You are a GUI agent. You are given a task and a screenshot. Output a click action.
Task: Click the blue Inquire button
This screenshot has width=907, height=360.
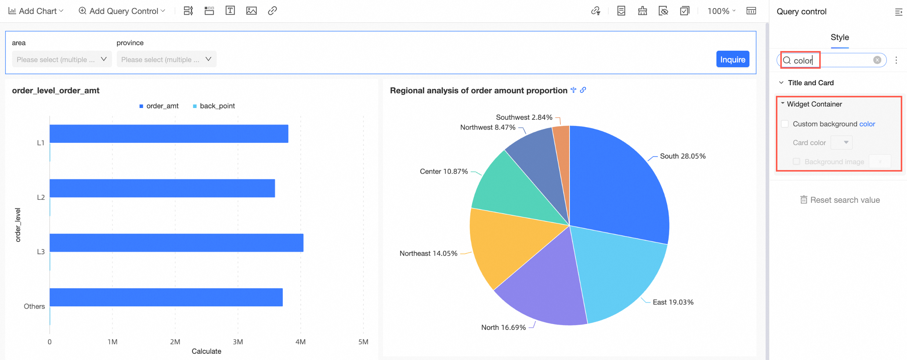pyautogui.click(x=732, y=60)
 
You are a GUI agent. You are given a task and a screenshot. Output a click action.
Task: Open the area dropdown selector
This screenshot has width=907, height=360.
pyautogui.click(x=62, y=60)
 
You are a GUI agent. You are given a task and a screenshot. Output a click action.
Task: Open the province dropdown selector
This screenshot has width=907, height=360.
pyautogui.click(x=166, y=60)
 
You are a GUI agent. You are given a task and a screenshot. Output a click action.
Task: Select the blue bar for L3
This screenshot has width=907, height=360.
pyautogui.click(x=176, y=243)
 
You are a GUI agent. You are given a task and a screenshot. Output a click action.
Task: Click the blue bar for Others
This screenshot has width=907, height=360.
pyautogui.click(x=166, y=297)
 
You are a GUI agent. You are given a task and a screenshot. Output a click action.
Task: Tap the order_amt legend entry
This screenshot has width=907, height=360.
pyautogui.click(x=159, y=106)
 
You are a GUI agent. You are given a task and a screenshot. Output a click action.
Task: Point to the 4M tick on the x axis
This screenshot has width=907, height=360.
pyautogui.click(x=300, y=342)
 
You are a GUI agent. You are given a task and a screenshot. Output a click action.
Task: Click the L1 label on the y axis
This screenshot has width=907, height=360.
pyautogui.click(x=41, y=143)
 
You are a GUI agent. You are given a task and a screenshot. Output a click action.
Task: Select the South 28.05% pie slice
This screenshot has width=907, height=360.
pyautogui.click(x=617, y=184)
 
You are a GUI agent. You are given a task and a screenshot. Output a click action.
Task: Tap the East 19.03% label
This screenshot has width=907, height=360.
pyautogui.click(x=673, y=302)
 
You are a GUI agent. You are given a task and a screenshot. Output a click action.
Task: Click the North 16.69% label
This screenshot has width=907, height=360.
pyautogui.click(x=503, y=327)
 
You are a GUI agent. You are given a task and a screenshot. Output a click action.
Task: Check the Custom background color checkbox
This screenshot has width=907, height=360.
pyautogui.click(x=785, y=124)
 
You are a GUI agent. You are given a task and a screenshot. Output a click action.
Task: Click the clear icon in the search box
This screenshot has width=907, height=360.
pyautogui.click(x=877, y=60)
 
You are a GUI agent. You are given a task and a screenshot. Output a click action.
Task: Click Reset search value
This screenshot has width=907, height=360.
pyautogui.click(x=840, y=200)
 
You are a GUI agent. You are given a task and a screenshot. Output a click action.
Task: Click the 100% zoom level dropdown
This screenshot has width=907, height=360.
pyautogui.click(x=721, y=11)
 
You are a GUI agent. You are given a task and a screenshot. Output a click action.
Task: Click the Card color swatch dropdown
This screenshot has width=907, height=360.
pyautogui.click(x=842, y=143)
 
